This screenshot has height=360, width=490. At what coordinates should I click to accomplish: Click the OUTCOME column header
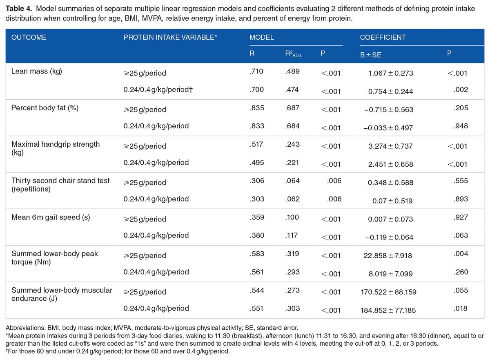pyautogui.click(x=29, y=37)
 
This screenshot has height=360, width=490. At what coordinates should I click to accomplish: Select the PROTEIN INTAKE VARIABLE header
pyautogui.click(x=170, y=37)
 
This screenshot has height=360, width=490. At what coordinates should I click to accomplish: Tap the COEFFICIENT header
pyautogui.click(x=383, y=37)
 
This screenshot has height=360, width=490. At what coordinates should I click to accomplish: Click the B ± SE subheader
pyautogui.click(x=371, y=55)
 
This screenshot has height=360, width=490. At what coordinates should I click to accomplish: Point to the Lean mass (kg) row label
pyautogui.click(x=37, y=72)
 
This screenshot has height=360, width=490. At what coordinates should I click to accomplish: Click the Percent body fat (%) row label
pyautogui.click(x=45, y=108)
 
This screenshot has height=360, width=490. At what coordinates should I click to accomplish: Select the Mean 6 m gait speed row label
pyautogui.click(x=51, y=217)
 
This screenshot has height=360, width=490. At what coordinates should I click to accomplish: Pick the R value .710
pyautogui.click(x=256, y=72)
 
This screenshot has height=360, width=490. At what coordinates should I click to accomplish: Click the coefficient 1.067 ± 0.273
pyautogui.click(x=391, y=73)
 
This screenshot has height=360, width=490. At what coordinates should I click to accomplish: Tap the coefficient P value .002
pyautogui.click(x=461, y=89)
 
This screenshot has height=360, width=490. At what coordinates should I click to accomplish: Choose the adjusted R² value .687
pyautogui.click(x=292, y=108)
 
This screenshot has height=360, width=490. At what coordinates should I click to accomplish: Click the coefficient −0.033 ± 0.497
pyautogui.click(x=388, y=128)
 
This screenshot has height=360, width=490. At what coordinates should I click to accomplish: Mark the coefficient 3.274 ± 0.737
pyautogui.click(x=391, y=146)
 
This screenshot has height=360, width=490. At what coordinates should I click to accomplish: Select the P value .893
pyautogui.click(x=461, y=199)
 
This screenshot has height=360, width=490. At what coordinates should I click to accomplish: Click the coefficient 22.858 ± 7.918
pyautogui.click(x=388, y=255)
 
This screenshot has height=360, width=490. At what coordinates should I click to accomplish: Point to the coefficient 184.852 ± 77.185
pyautogui.click(x=388, y=310)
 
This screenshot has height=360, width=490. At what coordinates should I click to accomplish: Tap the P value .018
pyautogui.click(x=461, y=309)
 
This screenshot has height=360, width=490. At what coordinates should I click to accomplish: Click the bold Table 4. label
pyautogui.click(x=19, y=9)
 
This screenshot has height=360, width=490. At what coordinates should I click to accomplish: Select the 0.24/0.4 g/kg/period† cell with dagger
pyautogui.click(x=158, y=89)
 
